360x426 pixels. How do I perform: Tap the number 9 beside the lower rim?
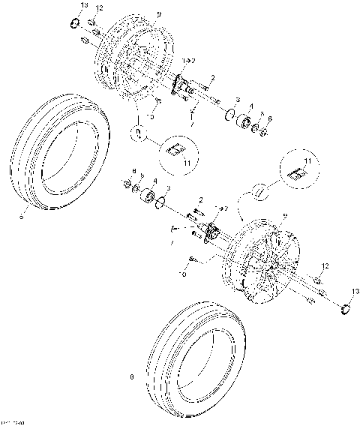click(283, 217)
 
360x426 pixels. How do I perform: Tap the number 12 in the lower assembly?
click(325, 266)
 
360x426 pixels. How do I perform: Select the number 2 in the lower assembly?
click(200, 199)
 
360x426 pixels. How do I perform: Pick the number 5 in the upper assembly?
click(262, 115)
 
